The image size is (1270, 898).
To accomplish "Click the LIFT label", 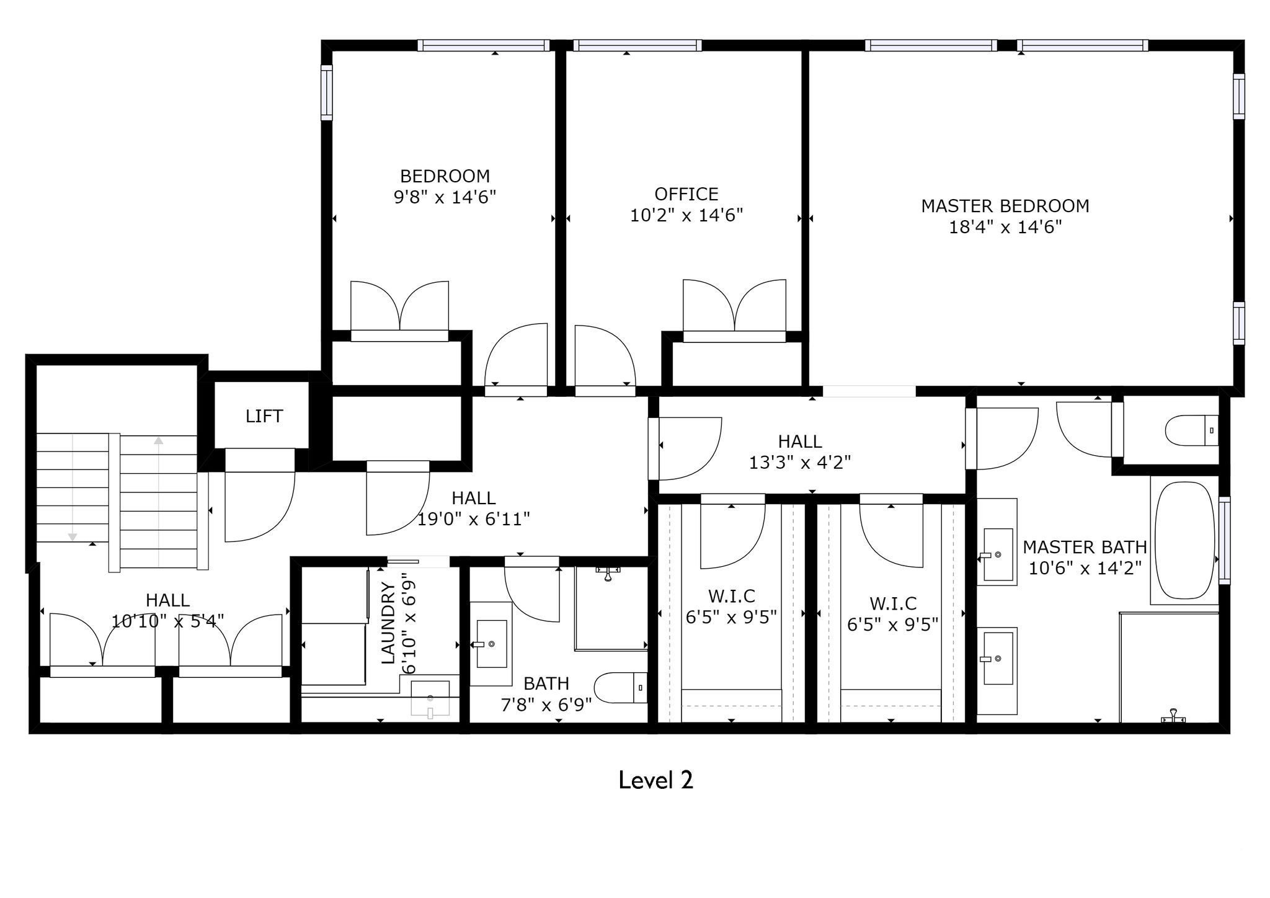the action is point(264,416).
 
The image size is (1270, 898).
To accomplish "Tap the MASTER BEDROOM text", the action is point(1005,206).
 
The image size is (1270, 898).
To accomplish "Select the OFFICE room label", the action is point(686,194).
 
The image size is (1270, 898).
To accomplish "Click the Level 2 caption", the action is point(655,780).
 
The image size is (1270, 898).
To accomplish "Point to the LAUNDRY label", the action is point(388,623).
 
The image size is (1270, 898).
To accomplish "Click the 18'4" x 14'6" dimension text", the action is point(1005,227).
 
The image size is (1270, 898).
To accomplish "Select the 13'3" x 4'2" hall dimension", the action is point(800,463).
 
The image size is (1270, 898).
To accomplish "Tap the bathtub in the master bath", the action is point(1184,540).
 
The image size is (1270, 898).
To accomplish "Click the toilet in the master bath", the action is point(1192,430).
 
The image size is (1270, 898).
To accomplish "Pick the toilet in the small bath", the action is point(621,688).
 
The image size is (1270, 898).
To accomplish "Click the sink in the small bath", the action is point(491,644).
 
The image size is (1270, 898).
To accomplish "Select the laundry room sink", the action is point(430,698).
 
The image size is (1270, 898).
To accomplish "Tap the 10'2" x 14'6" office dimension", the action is point(686,215).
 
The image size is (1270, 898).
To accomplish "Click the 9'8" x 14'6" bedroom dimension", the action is point(445,197).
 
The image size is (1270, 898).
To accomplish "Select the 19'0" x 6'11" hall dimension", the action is point(473,519).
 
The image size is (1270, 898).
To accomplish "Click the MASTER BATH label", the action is point(1085,547).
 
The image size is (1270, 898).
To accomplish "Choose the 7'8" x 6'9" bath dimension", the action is point(546,705).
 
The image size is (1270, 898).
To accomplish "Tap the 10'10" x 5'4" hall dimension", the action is point(167,621).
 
